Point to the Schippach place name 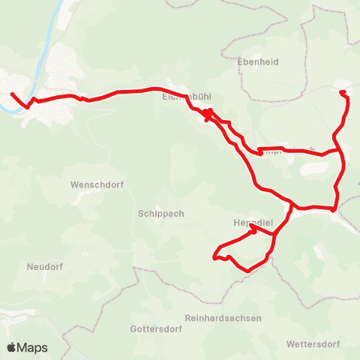click(161, 213)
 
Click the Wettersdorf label click(313, 345)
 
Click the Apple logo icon click(12, 347)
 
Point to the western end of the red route click(11, 94)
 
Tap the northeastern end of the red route click(342, 92)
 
